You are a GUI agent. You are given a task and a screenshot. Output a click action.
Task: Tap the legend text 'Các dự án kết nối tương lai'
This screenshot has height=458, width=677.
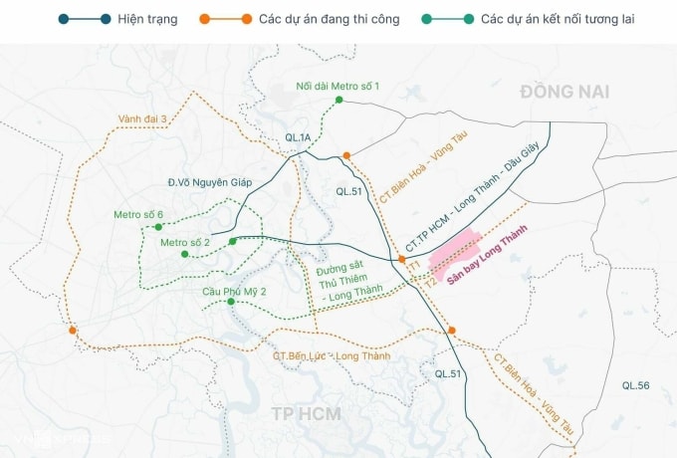point(557,19)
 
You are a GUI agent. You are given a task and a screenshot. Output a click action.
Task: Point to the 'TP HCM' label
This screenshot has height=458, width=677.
point(306,414)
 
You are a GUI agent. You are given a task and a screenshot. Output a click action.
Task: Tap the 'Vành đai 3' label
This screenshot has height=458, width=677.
point(142,118)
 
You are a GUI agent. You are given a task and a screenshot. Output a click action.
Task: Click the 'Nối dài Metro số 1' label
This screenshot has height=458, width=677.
point(338,85)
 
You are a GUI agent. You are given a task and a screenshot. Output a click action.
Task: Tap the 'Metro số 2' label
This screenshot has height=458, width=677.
point(185,242)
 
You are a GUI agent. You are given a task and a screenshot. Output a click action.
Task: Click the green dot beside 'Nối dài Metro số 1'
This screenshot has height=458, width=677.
point(339,100)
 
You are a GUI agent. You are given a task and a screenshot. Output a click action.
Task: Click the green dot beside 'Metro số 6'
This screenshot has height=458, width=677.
point(157,227)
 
